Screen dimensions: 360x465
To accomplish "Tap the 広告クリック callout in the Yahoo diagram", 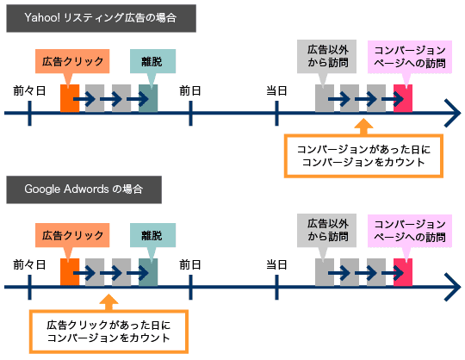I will (x=73, y=61).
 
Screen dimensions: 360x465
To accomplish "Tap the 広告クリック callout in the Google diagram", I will (x=73, y=235).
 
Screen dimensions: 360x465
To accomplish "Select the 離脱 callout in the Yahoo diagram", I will (x=152, y=61).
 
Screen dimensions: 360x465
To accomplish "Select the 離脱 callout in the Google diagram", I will (x=152, y=235).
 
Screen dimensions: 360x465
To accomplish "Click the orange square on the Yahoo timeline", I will (x=70, y=98).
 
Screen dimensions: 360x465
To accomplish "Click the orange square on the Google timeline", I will (x=70, y=272).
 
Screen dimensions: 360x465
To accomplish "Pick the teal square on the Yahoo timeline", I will (x=148, y=98).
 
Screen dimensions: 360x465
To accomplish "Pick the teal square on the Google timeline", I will (x=148, y=272).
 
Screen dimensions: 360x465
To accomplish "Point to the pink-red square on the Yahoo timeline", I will (x=403, y=98).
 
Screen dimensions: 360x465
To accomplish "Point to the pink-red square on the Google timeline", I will (x=403, y=272).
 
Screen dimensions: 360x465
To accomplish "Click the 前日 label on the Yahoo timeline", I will (x=190, y=89).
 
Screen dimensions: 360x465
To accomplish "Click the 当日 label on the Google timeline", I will (x=276, y=263).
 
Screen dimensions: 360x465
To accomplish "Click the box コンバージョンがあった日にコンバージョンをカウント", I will (x=363, y=155).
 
